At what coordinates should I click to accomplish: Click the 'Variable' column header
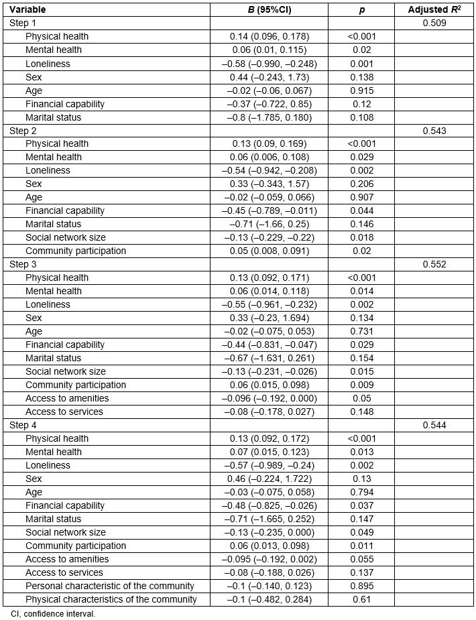click(27, 10)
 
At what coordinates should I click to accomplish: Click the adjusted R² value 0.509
click(434, 23)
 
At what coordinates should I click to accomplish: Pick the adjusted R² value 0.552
click(434, 265)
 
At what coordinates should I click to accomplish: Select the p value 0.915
click(361, 90)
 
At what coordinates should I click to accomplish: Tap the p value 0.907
click(361, 198)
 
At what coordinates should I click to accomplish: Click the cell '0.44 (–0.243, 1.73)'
click(269, 77)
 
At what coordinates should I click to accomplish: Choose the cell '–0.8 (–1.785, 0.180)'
click(269, 117)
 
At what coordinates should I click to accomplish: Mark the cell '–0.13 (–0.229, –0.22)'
click(269, 238)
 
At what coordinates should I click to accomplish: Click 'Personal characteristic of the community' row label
click(110, 586)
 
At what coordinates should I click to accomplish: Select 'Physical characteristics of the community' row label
click(111, 600)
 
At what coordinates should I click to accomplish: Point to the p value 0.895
click(361, 586)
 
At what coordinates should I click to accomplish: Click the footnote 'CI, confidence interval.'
click(53, 613)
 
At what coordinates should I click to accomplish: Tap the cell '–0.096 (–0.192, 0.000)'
click(269, 399)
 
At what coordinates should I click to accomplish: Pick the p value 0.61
click(361, 600)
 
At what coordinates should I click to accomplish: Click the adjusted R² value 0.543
click(434, 131)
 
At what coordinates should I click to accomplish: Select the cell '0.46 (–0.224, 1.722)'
click(269, 479)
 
